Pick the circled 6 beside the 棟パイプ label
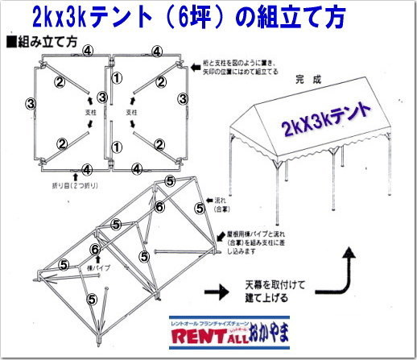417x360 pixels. click(x=96, y=250)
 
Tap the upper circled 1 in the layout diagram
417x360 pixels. click(x=118, y=78)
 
